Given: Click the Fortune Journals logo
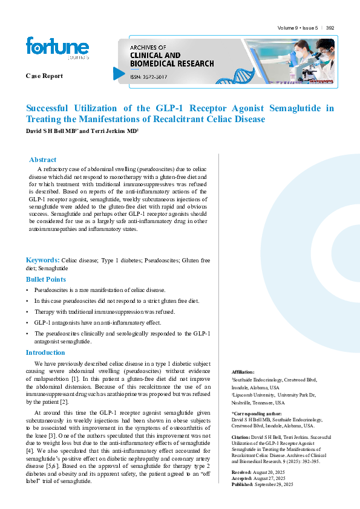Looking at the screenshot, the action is point(57,49).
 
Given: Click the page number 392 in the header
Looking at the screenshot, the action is point(330,28).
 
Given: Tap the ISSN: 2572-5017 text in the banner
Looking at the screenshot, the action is point(149,77).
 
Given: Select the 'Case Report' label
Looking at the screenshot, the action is point(44,76).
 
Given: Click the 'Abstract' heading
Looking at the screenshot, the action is point(43,160).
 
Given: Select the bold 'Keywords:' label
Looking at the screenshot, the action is point(42,259).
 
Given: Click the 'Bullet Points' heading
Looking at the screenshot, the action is point(46,279).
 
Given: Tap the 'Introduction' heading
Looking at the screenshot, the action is point(45,352).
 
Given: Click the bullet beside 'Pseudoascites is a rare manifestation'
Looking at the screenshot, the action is point(27,291).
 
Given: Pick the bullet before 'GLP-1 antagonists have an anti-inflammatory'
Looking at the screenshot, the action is point(27,322).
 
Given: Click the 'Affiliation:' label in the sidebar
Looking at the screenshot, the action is point(243,372).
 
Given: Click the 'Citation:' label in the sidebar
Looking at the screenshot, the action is point(241,436).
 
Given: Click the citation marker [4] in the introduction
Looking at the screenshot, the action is point(30,450).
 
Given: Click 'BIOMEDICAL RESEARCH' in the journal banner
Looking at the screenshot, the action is point(172,63).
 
